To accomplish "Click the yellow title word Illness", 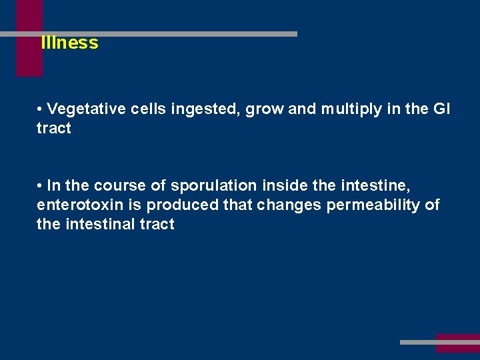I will tap(69, 43).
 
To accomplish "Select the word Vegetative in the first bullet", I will tap(86, 109).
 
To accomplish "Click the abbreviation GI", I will tap(441, 109).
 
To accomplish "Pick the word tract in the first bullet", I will tap(53, 129).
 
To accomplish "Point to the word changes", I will tap(289, 205).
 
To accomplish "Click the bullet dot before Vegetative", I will tap(41, 109).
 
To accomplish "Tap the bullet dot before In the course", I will tap(41, 185).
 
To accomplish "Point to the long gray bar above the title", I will tap(167, 33).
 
